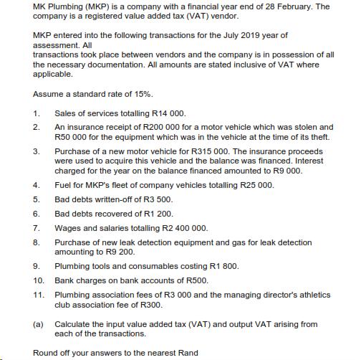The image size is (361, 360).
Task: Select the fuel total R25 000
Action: (x=254, y=184)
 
